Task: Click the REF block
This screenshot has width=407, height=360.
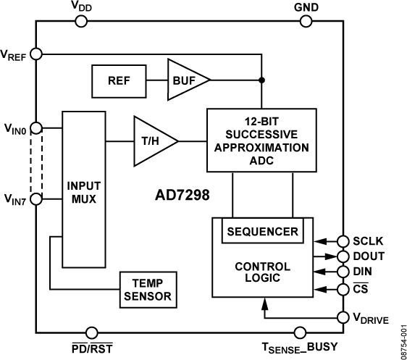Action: [x=119, y=80]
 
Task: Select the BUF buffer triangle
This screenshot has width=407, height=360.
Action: [x=185, y=80]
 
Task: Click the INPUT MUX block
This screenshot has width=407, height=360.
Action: [x=84, y=190]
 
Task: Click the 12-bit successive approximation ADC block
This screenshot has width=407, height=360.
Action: [x=261, y=140]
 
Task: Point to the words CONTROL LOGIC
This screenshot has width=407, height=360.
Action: [x=262, y=272]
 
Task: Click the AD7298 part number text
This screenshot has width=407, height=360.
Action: [x=180, y=196]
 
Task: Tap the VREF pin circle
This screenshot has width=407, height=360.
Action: [x=37, y=54]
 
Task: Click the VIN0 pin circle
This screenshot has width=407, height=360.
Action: [x=37, y=129]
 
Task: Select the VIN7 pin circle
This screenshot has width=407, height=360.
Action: [x=37, y=198]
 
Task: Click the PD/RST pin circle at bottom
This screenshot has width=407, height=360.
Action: [x=92, y=332]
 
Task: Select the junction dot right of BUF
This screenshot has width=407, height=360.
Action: [x=261, y=80]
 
